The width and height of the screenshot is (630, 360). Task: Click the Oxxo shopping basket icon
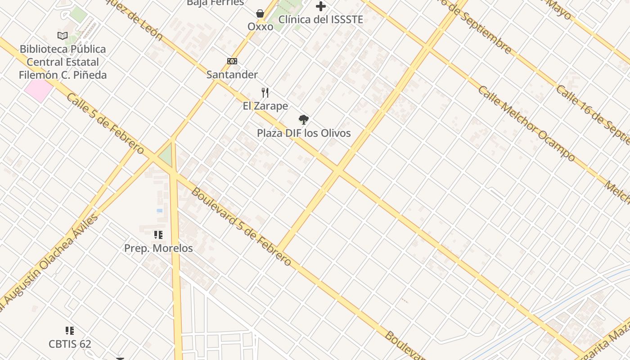click(260, 13)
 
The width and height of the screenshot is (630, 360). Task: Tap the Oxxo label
click(260, 27)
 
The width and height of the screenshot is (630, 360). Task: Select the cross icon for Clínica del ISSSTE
click(320, 6)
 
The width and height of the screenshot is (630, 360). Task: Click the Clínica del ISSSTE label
click(320, 19)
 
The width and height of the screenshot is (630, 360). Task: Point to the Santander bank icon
click(232, 61)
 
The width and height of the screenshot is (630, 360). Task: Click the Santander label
click(232, 75)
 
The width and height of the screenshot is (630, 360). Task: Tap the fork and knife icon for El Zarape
click(265, 93)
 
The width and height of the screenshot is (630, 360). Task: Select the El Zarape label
click(265, 106)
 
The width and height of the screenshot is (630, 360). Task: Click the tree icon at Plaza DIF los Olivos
click(304, 120)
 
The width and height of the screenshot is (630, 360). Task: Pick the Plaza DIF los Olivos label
click(304, 133)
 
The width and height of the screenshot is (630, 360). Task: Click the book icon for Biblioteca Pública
click(63, 36)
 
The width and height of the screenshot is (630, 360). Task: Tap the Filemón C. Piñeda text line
click(63, 75)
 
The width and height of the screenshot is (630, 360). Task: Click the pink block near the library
click(38, 90)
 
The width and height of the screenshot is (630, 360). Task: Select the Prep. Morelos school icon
click(158, 234)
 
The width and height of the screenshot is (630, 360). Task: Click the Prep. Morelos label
click(158, 248)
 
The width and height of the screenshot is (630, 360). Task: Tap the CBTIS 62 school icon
click(70, 331)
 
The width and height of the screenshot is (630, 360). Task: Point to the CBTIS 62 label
click(70, 344)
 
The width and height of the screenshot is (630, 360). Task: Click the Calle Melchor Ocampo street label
click(526, 123)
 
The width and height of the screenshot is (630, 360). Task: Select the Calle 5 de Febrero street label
click(105, 124)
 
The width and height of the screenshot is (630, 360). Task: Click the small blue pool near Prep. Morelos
click(159, 210)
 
